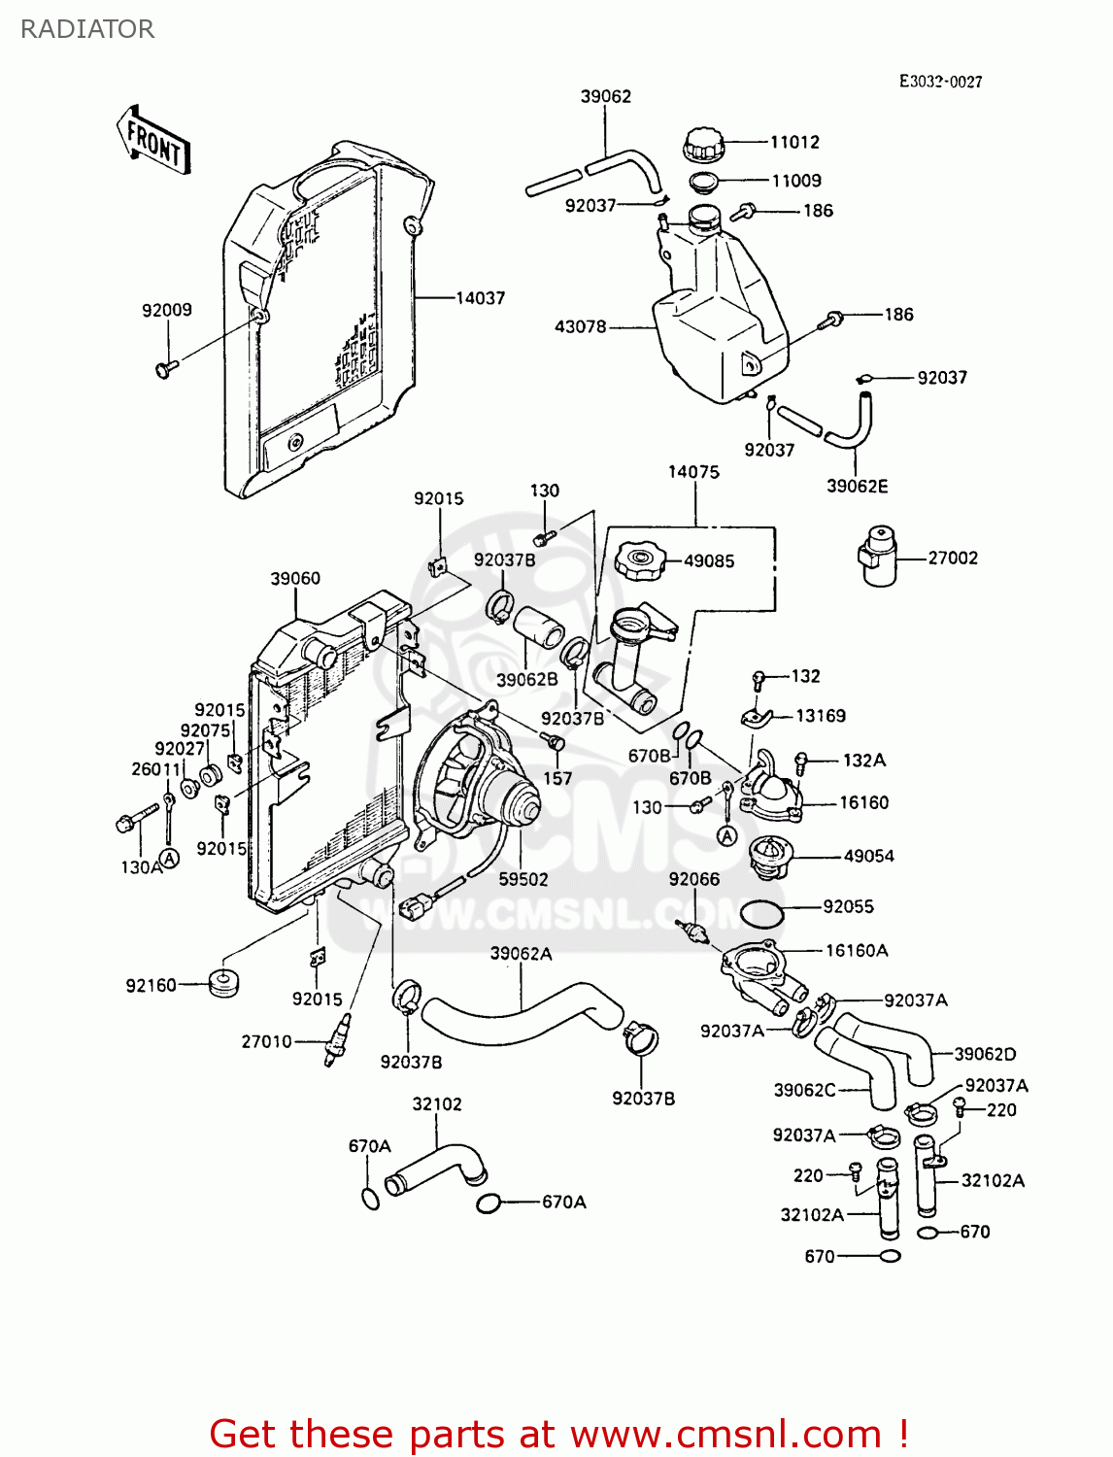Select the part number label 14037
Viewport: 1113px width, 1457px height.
pos(481,298)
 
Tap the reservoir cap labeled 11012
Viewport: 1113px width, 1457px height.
pos(704,146)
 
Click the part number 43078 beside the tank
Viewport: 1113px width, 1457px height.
pos(580,327)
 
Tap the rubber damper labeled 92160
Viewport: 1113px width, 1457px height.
pos(224,982)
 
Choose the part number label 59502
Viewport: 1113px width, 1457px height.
pos(523,879)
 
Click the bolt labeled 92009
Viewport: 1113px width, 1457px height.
pos(164,368)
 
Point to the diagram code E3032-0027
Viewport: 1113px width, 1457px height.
pos(940,82)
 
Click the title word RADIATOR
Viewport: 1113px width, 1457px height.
pos(87,29)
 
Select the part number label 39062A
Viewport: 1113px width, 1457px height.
pos(521,954)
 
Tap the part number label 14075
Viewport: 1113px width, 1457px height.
pos(693,472)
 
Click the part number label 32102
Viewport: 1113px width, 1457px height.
pos(437,1104)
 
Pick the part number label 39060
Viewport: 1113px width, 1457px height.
pos(295,579)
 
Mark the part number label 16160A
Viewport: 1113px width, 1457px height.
pos(857,951)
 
